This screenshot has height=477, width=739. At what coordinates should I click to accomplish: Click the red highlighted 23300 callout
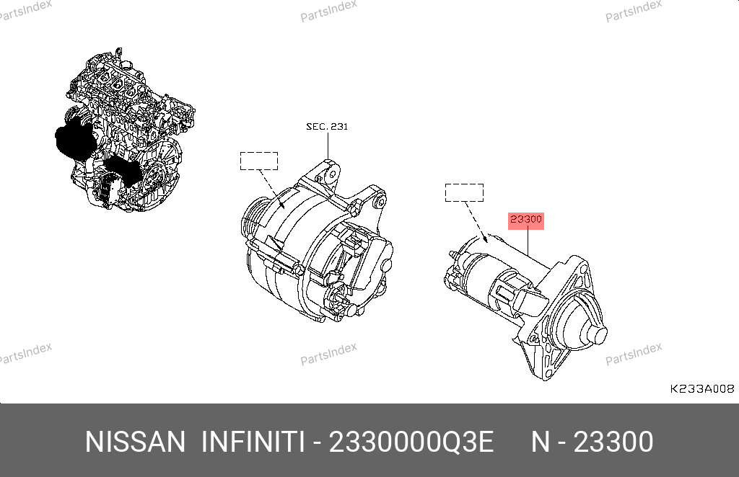(526, 220)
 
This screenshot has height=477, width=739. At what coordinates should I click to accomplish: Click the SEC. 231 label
(327, 127)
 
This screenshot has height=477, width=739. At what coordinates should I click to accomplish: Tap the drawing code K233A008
(701, 388)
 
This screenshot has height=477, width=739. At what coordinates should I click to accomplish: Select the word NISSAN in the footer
(135, 442)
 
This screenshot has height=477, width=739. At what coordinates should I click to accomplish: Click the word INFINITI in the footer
(253, 442)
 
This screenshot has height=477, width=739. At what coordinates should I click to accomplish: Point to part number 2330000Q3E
(411, 442)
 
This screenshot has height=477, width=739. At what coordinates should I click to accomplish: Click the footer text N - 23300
(592, 442)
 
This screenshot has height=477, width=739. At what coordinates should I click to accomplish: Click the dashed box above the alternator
(259, 161)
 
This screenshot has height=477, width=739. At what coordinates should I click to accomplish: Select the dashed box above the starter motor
(464, 193)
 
